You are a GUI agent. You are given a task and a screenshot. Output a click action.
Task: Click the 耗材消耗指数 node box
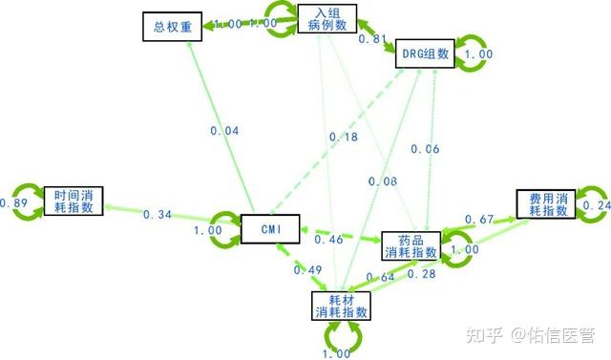341,305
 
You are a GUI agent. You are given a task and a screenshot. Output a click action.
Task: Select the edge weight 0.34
158,214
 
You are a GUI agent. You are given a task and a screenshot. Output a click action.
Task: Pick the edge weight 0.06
426,148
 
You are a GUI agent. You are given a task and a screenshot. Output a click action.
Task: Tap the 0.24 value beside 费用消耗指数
597,204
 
